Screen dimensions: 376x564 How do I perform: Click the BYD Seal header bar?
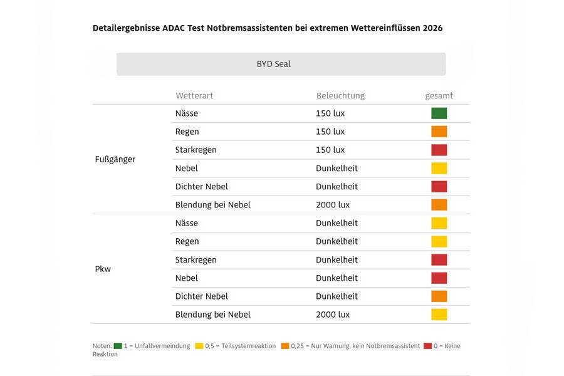(281, 64)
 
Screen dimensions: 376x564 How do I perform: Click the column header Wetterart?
(194, 96)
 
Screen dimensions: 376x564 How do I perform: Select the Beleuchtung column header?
(340, 96)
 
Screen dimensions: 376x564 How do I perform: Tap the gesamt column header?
(439, 96)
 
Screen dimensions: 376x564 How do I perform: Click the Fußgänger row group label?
(115, 159)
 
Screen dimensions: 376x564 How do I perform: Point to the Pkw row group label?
(103, 269)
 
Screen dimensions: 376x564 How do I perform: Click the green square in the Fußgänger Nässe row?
(439, 113)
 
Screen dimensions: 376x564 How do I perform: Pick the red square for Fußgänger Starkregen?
(439, 150)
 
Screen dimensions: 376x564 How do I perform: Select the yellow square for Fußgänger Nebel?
(439, 168)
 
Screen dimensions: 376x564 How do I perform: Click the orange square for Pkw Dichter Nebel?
(439, 296)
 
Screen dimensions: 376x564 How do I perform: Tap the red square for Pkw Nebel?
(439, 278)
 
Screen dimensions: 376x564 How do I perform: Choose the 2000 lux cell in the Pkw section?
(333, 315)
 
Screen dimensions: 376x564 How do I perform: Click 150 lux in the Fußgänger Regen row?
(330, 132)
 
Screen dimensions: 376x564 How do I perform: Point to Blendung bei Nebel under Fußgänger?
(212, 205)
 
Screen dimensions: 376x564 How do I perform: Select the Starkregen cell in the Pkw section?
(196, 259)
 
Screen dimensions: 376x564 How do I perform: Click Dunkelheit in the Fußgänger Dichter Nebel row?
(337, 187)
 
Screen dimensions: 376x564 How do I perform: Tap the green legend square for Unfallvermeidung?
(118, 346)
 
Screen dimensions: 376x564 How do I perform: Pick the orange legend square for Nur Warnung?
(285, 346)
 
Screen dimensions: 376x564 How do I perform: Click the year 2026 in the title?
(432, 28)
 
